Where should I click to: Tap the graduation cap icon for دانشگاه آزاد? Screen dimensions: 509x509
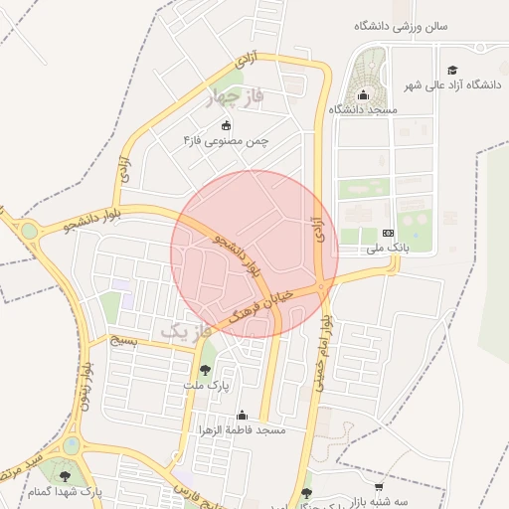tap(452, 70)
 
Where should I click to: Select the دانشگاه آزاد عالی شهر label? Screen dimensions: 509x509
tap(451, 86)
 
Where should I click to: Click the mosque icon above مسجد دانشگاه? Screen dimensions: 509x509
tap(363, 95)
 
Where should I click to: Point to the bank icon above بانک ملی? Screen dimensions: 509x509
tap(388, 232)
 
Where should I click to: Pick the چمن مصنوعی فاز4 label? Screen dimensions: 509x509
tap(226, 141)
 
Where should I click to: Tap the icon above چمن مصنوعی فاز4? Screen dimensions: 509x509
tap(226, 125)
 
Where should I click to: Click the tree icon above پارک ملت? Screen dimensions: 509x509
tap(206, 370)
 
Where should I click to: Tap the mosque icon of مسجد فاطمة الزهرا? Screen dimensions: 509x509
tap(242, 416)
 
